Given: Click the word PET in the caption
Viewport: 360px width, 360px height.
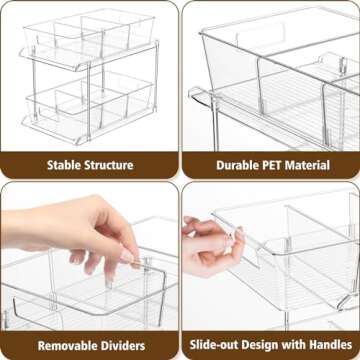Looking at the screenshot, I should pos(260,165).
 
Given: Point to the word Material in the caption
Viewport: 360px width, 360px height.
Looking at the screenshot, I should pos(307,165).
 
